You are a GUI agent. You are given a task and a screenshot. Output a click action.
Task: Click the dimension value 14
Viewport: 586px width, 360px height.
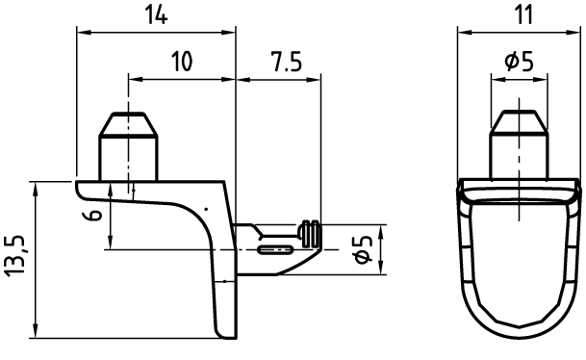coord(156,15)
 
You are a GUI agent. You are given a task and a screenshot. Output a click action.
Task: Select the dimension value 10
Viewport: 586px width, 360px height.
coord(182,62)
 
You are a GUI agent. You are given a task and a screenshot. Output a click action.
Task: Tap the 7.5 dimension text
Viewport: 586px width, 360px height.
coord(287,62)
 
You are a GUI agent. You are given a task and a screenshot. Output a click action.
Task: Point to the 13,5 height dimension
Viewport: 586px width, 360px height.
coord(15,256)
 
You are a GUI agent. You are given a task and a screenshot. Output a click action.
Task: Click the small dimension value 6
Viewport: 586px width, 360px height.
coord(93,215)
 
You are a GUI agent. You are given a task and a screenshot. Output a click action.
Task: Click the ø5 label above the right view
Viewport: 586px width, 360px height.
coord(519,62)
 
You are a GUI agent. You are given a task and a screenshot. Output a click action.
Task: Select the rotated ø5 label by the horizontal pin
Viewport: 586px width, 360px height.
coord(363,249)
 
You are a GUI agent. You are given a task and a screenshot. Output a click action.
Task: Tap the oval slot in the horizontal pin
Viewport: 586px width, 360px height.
coord(276,249)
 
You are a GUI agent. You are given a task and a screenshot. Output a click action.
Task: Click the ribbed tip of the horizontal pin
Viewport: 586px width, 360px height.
coord(311,234)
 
